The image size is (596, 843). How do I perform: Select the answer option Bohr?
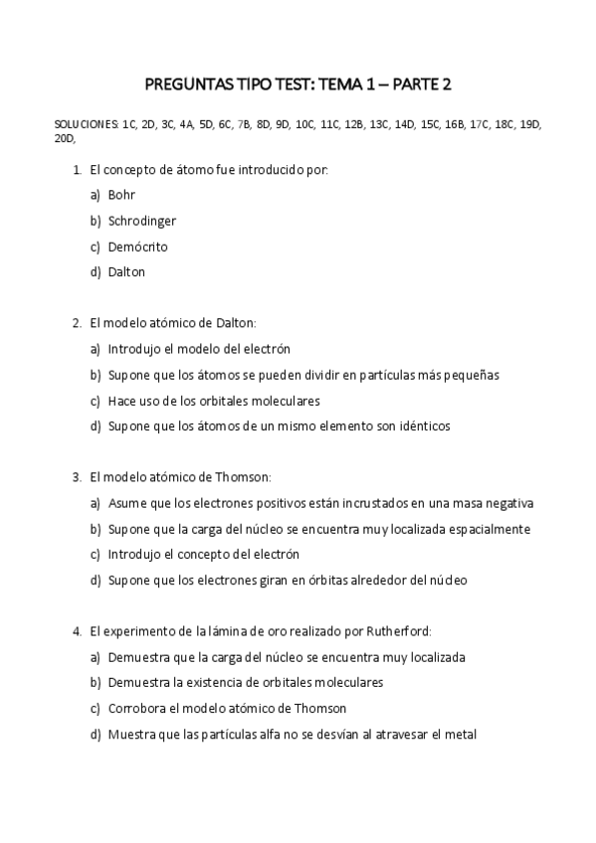tap(121, 195)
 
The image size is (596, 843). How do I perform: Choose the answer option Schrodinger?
tap(142, 221)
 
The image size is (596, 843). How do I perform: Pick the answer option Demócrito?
tap(138, 247)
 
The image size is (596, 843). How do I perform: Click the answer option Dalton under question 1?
tap(127, 272)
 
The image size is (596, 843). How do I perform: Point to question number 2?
tap(77, 323)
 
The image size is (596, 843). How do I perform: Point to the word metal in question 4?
tap(462, 735)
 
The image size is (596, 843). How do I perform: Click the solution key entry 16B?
tap(454, 124)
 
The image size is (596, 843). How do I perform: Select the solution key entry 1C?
tap(129, 124)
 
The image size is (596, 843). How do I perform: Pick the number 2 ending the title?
tap(446, 84)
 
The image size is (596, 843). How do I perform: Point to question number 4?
tap(77, 631)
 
